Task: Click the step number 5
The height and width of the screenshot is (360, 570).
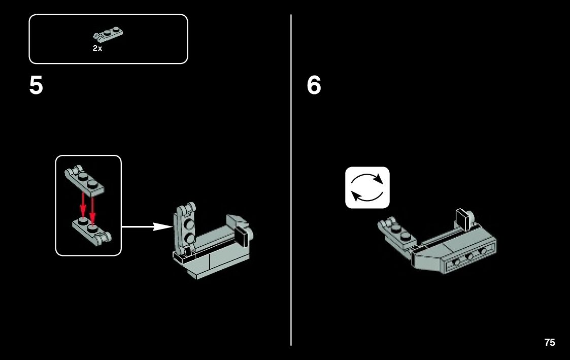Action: pos(36,85)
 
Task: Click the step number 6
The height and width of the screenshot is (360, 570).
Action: pos(314,85)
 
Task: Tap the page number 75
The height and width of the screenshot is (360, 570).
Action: pos(549,343)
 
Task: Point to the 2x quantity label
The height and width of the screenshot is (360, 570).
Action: pos(97,48)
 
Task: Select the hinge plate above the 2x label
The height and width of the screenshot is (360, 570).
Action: pos(108,35)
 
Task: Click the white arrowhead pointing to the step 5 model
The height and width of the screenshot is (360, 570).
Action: pos(162,226)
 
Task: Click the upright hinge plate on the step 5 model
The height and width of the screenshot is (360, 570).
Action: pos(185,228)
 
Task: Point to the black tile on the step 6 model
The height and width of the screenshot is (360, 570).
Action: pos(463,220)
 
